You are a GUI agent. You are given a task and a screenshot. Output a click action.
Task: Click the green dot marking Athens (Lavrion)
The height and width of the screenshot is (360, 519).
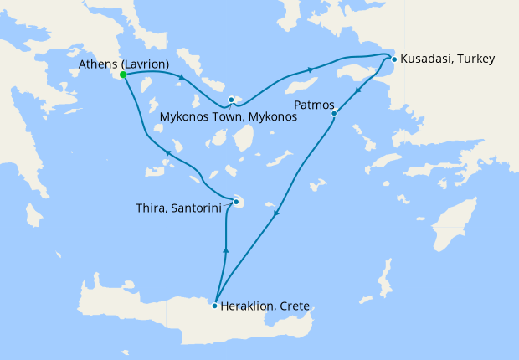coord(123,75)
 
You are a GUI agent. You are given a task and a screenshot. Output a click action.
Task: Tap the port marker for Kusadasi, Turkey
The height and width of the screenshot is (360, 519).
coord(393,59)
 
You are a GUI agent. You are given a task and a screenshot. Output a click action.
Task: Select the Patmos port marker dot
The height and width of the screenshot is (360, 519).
coord(334,113)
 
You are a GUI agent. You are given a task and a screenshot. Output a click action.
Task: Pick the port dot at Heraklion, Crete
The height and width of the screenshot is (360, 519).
coord(215,306)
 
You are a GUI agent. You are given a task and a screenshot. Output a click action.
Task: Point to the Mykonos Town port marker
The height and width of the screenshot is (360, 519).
coord(231,100)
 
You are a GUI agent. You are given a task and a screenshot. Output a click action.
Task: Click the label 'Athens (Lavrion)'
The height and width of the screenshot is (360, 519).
coord(124,64)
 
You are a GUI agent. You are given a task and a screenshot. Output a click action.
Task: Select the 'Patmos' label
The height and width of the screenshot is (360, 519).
coord(315,105)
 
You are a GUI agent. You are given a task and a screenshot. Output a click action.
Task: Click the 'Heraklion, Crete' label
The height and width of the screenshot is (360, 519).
coord(265,306)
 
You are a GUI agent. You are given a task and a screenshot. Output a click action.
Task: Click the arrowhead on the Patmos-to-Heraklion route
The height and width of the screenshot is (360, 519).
coord(276,213)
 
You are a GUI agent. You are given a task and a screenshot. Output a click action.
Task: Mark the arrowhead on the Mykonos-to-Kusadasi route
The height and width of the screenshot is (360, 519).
coord(311,69)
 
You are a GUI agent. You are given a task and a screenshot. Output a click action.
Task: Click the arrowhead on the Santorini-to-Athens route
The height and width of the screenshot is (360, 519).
coord(168,153)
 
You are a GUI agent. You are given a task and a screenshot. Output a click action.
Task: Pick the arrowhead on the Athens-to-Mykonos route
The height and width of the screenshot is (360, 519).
coord(180,80)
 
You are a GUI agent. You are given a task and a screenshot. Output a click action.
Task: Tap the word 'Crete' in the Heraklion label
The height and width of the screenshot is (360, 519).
coord(295,306)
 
